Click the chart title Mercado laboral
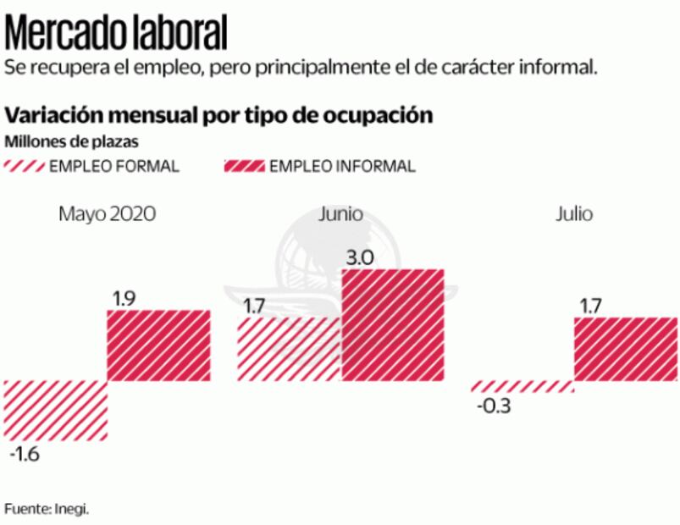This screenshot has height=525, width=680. tap(117, 33)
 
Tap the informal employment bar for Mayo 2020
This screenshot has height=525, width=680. tap(158, 345)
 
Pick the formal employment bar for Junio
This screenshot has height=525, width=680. tap(288, 349)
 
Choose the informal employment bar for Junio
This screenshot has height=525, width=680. tap(393, 324)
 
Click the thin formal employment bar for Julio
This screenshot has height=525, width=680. tap(522, 386)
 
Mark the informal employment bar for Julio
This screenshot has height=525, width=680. tap(626, 349)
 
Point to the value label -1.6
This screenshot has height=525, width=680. tap(25, 454)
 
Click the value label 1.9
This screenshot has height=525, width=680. tap(124, 298)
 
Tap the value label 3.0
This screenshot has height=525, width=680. tap(361, 257)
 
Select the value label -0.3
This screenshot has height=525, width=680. tap(493, 406)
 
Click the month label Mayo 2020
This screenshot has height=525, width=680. tap(107, 214)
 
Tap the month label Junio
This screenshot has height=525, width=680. tap(341, 214)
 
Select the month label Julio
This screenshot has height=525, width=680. tap(574, 214)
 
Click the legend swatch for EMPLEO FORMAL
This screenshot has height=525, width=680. tap(25, 166)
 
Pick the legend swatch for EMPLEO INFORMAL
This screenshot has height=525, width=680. tap(244, 166)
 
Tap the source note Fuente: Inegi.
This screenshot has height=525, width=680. tap(47, 508)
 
